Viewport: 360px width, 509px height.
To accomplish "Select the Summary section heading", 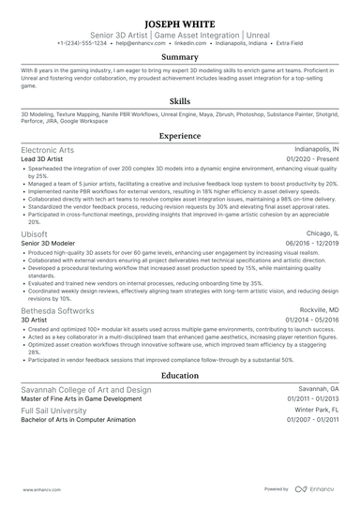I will coord(179,57).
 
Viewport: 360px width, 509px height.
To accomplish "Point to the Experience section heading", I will coord(179,135).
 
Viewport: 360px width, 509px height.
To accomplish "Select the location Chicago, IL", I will coord(321,233).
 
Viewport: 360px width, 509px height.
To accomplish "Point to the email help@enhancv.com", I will coord(142,43).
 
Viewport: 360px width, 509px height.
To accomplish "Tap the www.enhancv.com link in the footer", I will coord(37,488).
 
